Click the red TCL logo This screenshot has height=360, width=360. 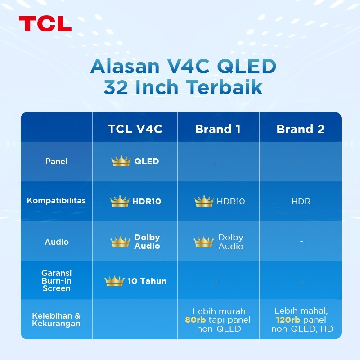click(45, 23)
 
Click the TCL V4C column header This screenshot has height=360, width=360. click(135, 129)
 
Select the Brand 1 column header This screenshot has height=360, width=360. click(218, 129)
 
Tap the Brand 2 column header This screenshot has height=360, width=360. click(300, 129)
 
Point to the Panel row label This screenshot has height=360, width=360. click(57, 162)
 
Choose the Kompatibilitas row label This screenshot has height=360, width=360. click(56, 201)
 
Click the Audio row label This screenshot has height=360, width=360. click(57, 242)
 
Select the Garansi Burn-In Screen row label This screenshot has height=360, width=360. click(57, 281)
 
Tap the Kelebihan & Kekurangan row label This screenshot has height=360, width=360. click(56, 319)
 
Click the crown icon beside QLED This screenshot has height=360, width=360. click(121, 162)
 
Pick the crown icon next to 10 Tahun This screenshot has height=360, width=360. click(114, 281)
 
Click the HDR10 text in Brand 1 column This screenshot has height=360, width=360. click(231, 202)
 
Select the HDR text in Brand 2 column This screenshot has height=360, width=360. click(301, 202)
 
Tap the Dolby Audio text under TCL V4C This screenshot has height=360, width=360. click(147, 242)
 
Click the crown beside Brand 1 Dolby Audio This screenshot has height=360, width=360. click(204, 242)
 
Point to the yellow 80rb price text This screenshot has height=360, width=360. click(195, 320)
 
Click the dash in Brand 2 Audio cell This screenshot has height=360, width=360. click(301, 242)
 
